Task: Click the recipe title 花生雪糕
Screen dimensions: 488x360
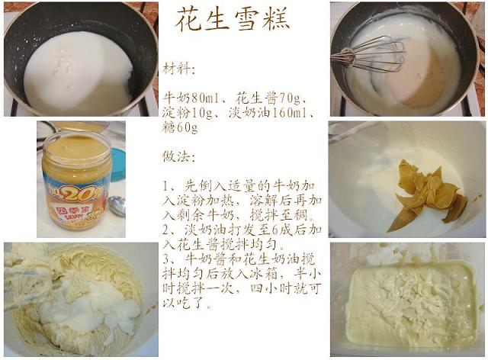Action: (x=232, y=19)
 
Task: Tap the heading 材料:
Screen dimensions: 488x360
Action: (x=178, y=69)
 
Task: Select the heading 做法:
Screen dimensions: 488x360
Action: (x=178, y=156)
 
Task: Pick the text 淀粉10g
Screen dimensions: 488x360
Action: (x=187, y=112)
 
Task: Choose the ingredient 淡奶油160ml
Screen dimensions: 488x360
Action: (x=270, y=112)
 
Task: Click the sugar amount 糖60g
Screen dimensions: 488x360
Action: (x=180, y=127)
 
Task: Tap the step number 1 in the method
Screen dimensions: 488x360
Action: (x=165, y=186)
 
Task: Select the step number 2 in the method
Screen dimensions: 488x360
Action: (x=165, y=230)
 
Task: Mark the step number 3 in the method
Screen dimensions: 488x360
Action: (x=165, y=259)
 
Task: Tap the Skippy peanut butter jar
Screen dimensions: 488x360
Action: (x=77, y=182)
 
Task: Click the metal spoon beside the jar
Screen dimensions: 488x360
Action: (x=117, y=205)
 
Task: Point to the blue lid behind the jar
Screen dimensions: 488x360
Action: (x=118, y=165)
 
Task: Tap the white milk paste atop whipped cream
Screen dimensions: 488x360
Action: (x=93, y=307)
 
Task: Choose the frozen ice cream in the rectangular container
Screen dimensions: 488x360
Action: (x=410, y=305)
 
